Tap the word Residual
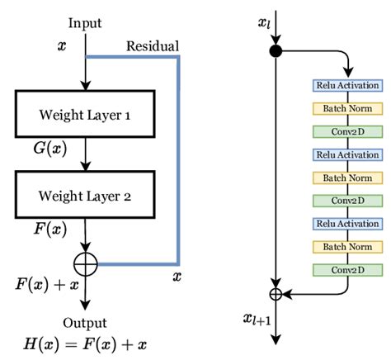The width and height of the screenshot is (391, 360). (152, 46)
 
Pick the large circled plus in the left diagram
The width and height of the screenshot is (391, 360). (86, 265)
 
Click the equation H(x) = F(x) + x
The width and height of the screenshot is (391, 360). (86, 342)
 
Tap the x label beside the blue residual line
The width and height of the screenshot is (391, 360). (176, 276)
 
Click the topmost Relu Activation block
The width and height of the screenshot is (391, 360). (347, 86)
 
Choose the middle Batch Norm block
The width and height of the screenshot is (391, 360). (347, 177)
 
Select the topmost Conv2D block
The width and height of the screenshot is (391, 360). (347, 131)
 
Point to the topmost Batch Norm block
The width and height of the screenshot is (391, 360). (347, 108)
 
